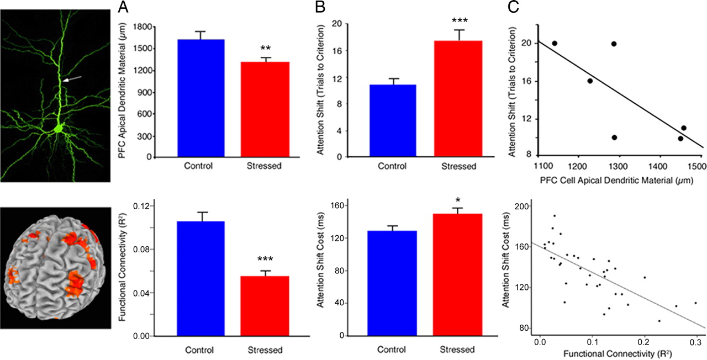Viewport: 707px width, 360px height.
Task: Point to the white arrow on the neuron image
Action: click(70, 81)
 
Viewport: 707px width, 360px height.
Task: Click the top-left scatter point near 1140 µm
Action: click(555, 44)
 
